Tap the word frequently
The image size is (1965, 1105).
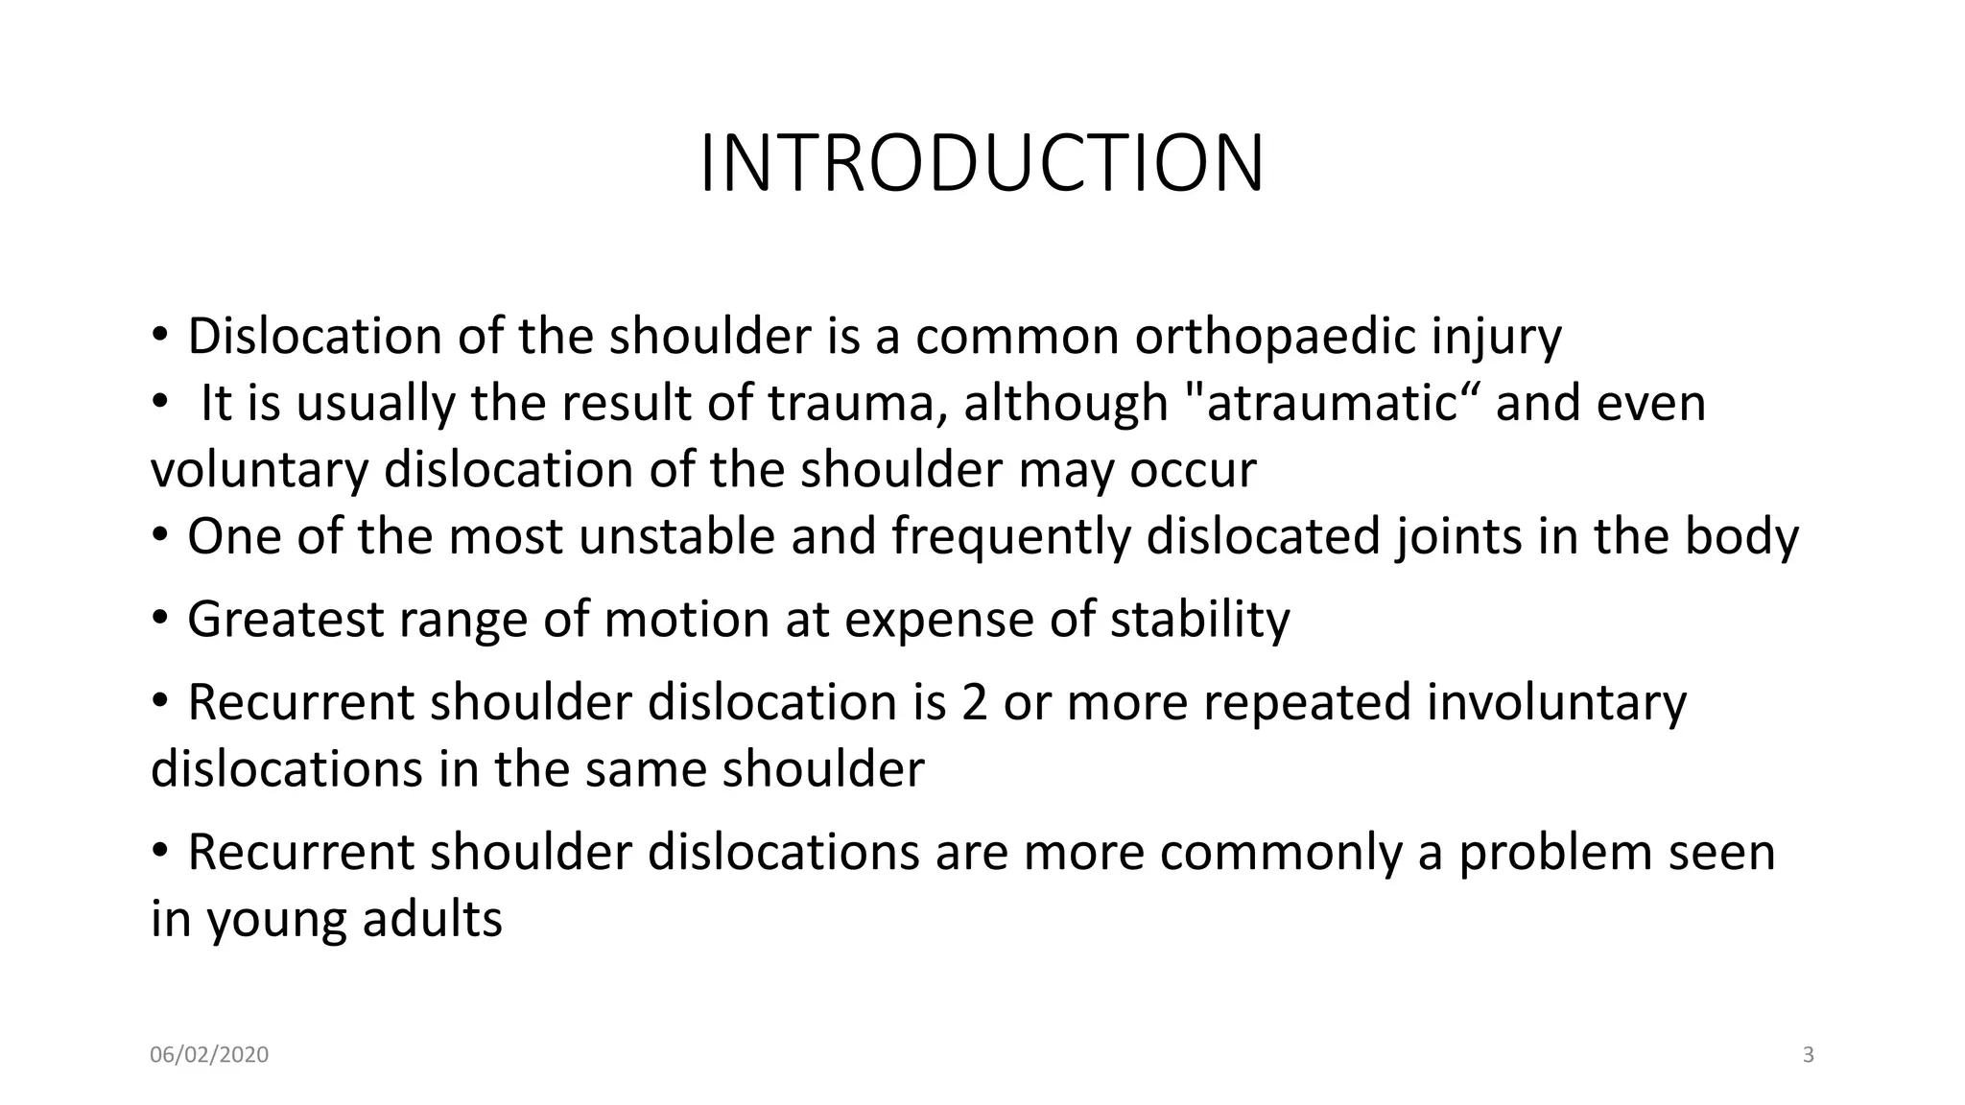pyautogui.click(x=1011, y=536)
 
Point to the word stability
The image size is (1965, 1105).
pyautogui.click(x=1200, y=620)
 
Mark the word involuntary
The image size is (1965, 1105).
pyautogui.click(x=1556, y=703)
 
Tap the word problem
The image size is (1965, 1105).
pyautogui.click(x=1555, y=853)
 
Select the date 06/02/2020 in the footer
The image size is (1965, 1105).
pyautogui.click(x=209, y=1055)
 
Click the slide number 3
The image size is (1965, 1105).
pyautogui.click(x=1809, y=1055)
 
